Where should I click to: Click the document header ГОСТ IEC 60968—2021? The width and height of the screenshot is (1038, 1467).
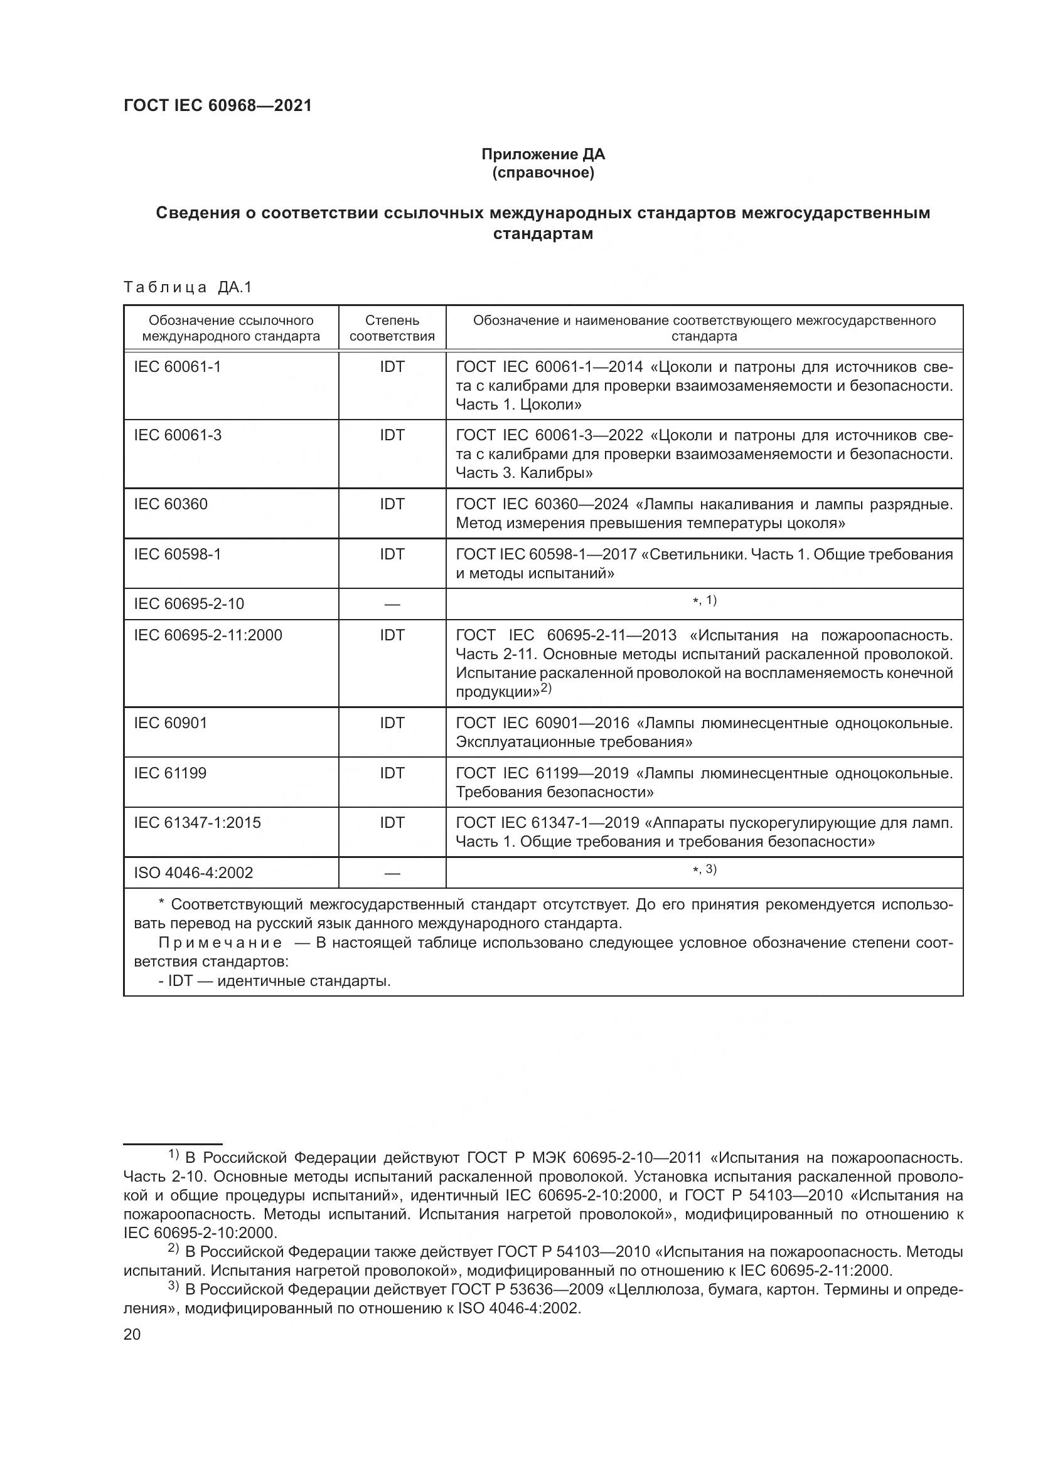point(217,105)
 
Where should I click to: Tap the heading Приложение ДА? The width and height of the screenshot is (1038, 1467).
point(543,154)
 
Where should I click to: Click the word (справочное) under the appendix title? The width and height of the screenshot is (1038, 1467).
point(543,172)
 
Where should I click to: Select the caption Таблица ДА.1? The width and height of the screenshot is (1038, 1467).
point(188,287)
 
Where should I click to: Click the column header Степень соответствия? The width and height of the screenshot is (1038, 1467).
point(392,328)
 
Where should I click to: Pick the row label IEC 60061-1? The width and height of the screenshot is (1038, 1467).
point(177,367)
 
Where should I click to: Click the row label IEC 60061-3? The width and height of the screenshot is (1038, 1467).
point(178,435)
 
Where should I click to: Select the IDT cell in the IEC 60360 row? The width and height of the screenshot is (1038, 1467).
point(392,504)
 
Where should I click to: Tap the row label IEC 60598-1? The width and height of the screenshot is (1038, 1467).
point(177,554)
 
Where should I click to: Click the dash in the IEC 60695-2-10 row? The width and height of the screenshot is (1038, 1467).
point(392,605)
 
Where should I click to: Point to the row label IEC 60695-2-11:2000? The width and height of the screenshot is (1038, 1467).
point(208,635)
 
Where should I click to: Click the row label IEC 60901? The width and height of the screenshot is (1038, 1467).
point(171,723)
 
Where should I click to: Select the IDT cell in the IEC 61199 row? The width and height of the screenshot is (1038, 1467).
point(392,773)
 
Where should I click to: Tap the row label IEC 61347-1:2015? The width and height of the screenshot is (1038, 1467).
point(198,822)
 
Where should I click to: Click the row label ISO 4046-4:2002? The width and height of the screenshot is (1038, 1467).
point(194,873)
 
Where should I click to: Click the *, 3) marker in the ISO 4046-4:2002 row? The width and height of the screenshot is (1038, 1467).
point(704,869)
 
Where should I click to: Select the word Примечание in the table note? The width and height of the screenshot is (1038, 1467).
point(220,943)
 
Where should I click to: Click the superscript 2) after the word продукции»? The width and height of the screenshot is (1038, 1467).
point(546,687)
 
